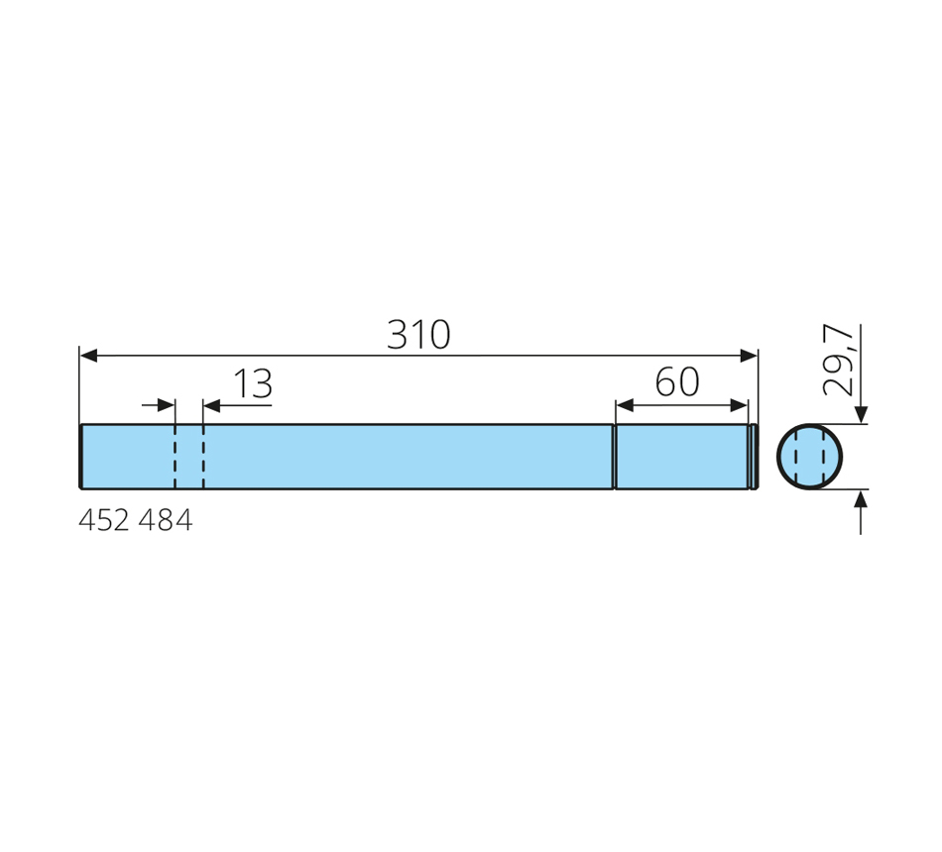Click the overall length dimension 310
point(418,335)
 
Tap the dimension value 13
point(253,383)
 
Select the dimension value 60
point(677,381)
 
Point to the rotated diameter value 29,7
point(838,361)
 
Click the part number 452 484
point(136,520)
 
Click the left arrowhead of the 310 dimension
point(88,356)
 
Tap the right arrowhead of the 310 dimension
point(749,356)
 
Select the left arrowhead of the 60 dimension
point(625,405)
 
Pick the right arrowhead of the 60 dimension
point(739,405)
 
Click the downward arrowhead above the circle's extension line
point(861,415)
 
